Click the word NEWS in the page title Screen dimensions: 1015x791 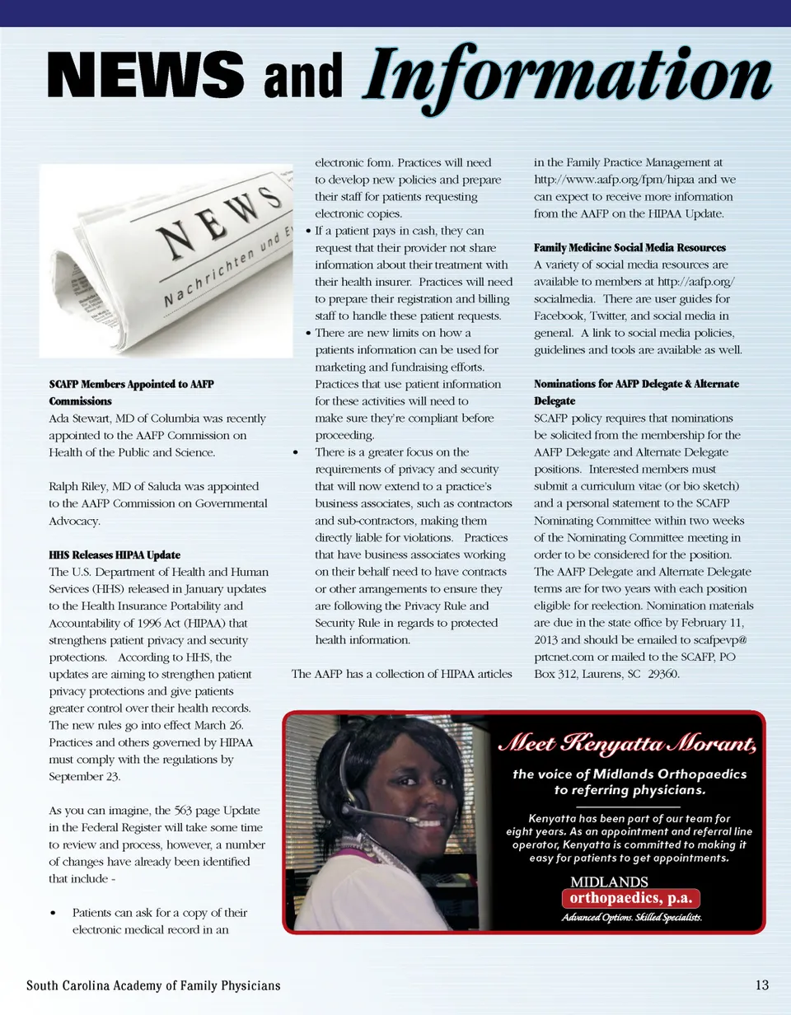[x=144, y=74]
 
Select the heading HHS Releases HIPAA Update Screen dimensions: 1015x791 [x=115, y=554]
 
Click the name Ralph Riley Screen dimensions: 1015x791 [x=81, y=486]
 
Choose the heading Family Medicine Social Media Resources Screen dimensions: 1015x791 [x=630, y=248]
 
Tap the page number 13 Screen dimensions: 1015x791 [x=761, y=985]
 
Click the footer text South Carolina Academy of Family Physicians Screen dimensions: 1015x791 [x=153, y=985]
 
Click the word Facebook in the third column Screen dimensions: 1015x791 [x=563, y=316]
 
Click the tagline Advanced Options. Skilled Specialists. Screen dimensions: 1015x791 [x=632, y=918]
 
